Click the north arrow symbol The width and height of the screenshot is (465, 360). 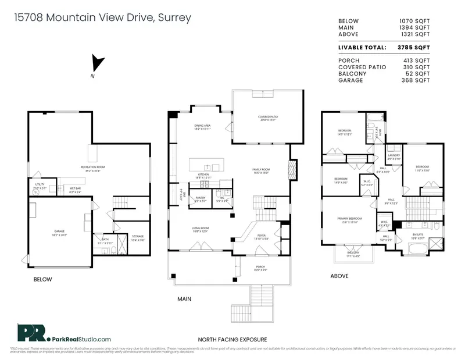(97, 63)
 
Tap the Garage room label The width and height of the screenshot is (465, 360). (59, 231)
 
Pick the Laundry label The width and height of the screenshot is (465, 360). (394, 156)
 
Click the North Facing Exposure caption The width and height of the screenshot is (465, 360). (233, 339)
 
